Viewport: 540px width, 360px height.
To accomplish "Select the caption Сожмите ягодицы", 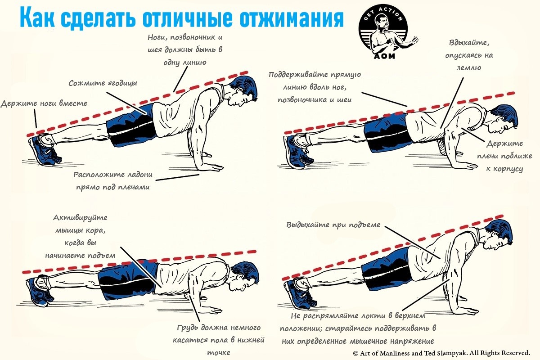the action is [103, 83].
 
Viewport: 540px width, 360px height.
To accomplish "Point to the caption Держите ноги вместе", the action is [44, 103].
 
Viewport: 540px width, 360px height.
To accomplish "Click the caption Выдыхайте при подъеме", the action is [333, 225].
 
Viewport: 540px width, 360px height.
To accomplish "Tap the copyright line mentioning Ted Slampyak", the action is [441, 353].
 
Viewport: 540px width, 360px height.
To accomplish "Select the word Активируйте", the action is [80, 218].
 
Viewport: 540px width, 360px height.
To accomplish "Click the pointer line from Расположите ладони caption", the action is [177, 177].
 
